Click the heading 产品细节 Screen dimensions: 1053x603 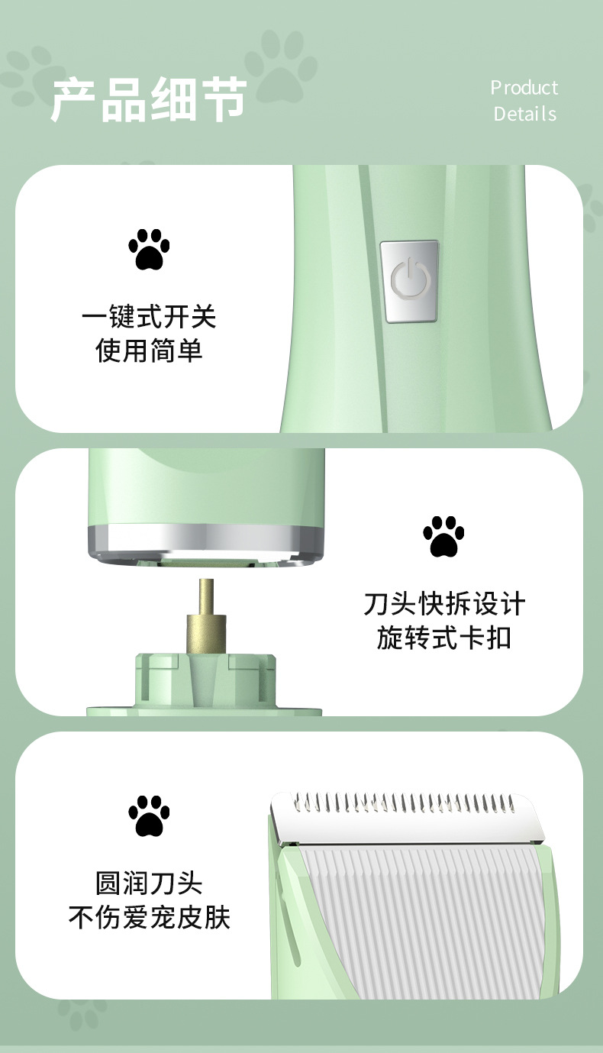click(x=149, y=100)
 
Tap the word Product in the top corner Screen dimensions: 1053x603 click(x=524, y=88)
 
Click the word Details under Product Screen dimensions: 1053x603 click(x=524, y=115)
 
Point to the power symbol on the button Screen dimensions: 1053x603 click(x=409, y=279)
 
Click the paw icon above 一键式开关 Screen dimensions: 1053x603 click(x=149, y=249)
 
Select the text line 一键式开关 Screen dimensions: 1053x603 click(x=149, y=316)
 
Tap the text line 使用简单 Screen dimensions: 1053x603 click(x=149, y=350)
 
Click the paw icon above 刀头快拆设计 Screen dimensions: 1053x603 click(x=443, y=536)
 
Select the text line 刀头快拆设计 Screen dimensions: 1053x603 click(x=443, y=604)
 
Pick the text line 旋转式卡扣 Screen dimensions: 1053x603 click(x=443, y=638)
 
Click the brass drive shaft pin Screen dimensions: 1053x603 click(x=206, y=615)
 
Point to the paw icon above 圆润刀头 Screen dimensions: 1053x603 click(x=149, y=816)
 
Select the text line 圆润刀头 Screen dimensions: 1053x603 click(x=149, y=883)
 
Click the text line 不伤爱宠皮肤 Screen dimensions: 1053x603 click(x=149, y=917)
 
